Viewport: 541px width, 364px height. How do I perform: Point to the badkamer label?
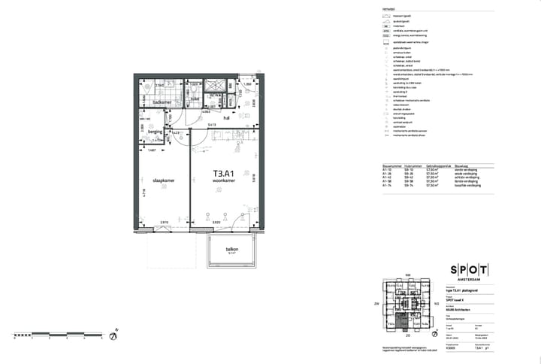pyautogui.click(x=162, y=102)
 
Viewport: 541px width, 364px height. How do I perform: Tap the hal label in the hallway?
pyautogui.click(x=225, y=118)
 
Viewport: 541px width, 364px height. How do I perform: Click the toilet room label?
pyautogui.click(x=193, y=98)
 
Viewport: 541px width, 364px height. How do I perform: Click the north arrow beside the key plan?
pyautogui.click(x=434, y=322)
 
